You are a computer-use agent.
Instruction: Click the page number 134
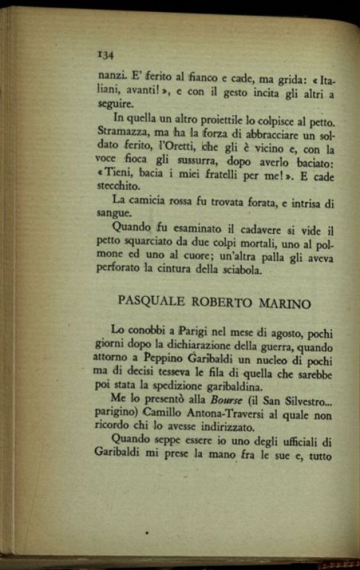104,55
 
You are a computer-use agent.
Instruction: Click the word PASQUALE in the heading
150,301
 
